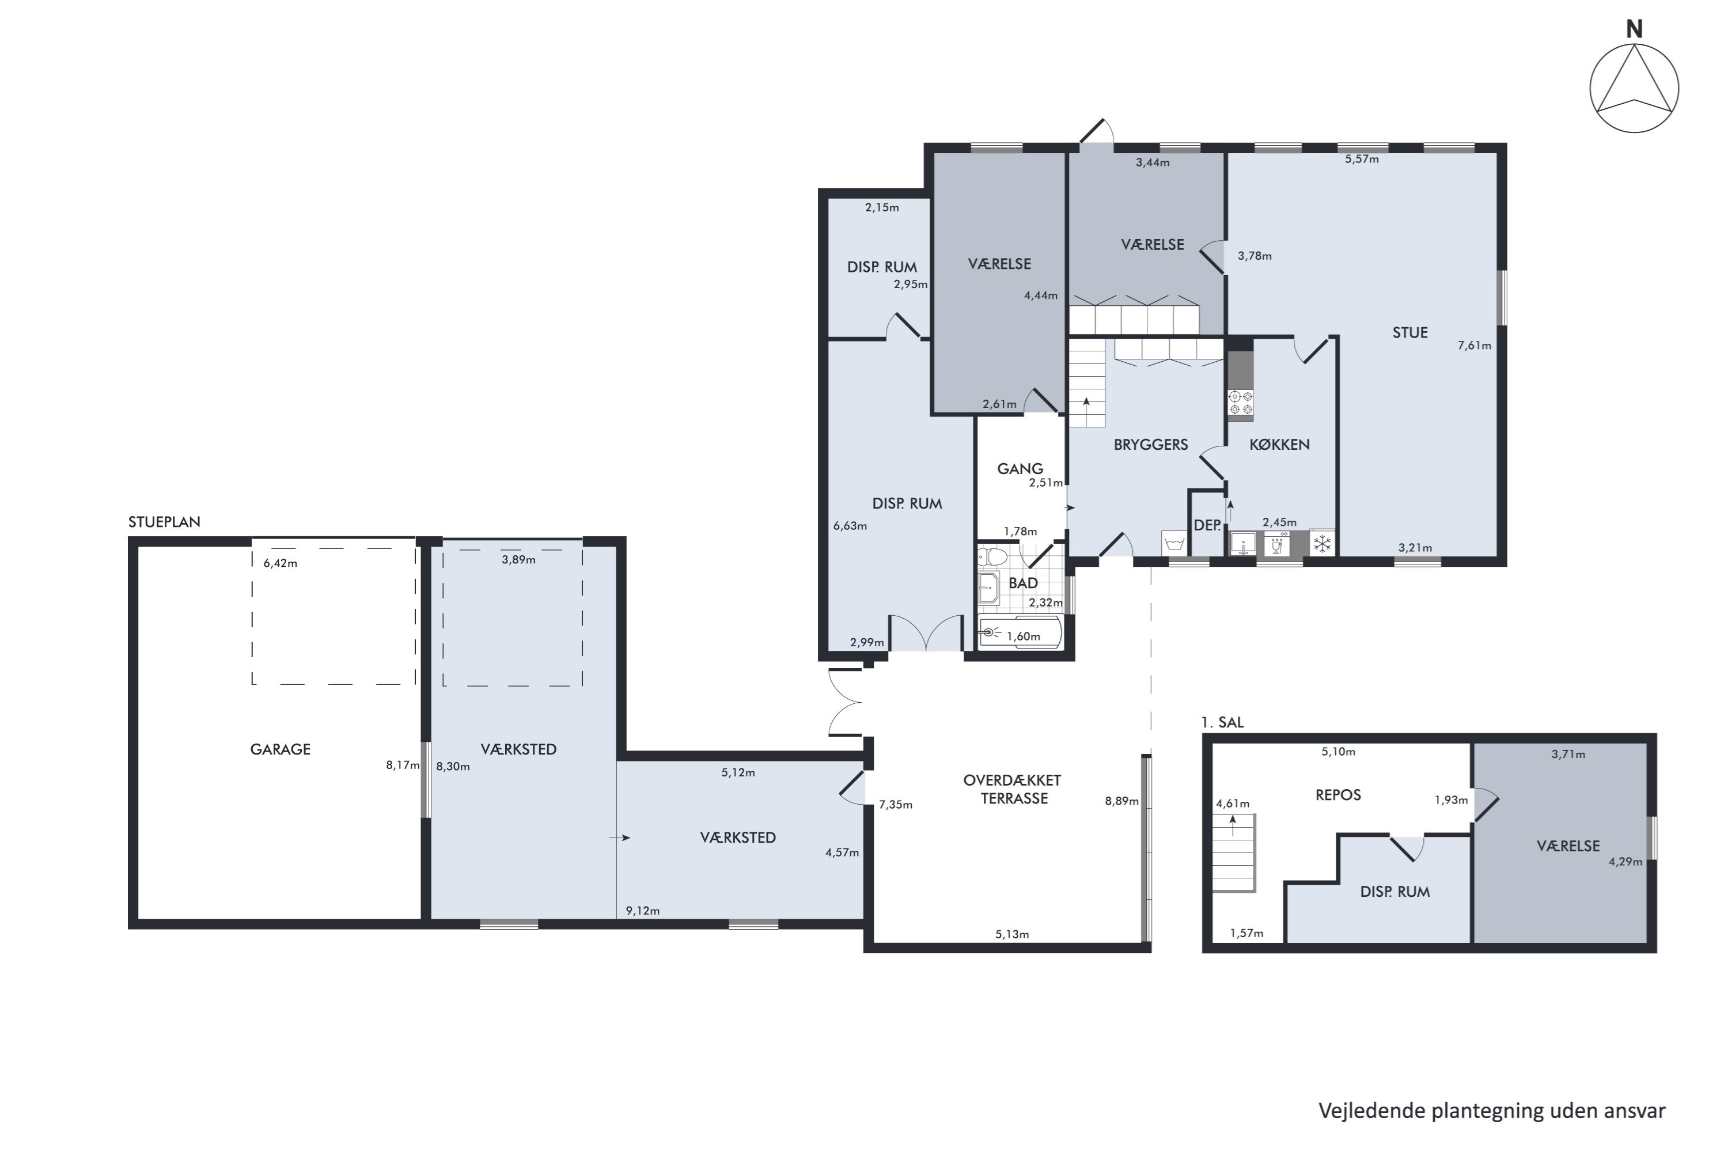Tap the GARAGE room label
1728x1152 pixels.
280,749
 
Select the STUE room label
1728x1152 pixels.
1410,332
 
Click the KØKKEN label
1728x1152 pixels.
1279,445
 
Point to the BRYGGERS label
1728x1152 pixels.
1150,445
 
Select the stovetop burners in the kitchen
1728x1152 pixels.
1240,403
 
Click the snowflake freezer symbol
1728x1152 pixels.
1322,544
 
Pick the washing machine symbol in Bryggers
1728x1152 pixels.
1174,544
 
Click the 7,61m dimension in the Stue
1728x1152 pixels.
1474,345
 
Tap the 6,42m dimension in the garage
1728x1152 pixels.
280,563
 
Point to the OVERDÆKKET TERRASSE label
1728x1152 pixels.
1013,789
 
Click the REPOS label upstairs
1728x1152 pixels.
1338,795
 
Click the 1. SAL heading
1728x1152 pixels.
1222,722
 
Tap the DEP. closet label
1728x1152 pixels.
1207,525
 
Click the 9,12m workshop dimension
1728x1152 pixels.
642,911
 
